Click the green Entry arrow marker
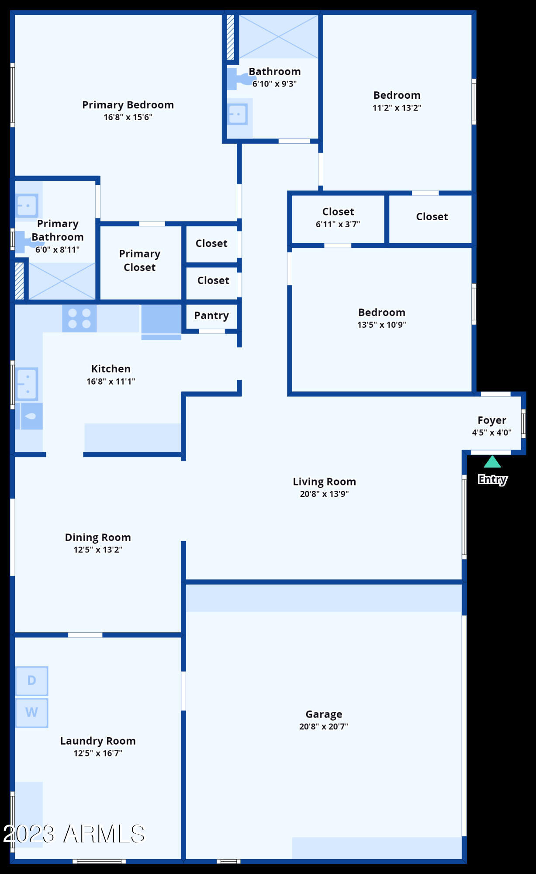[x=492, y=462]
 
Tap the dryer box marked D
[x=32, y=680]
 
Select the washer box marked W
[x=32, y=712]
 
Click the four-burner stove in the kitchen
[x=79, y=318]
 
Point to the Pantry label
[x=211, y=316]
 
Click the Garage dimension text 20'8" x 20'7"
[x=323, y=726]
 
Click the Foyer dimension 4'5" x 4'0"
[x=491, y=433]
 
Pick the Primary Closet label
[x=140, y=260]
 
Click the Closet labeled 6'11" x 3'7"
[x=338, y=217]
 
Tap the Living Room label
[x=324, y=482]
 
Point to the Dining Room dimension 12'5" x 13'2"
[x=98, y=550]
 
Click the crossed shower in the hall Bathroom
[x=278, y=36]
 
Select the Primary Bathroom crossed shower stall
[x=62, y=281]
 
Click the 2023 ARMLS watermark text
[x=74, y=833]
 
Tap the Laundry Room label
[x=98, y=741]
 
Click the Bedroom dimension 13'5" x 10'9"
[x=381, y=325]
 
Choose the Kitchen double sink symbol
[x=27, y=384]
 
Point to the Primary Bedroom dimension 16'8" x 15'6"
[x=128, y=117]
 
